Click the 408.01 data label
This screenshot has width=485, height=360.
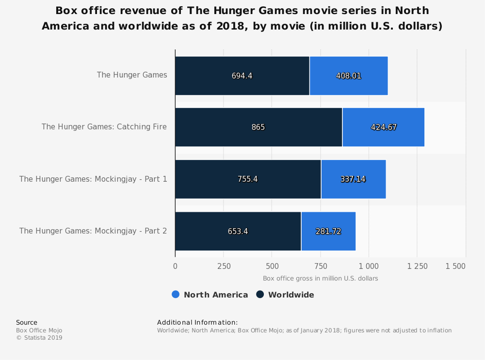[x=349, y=76]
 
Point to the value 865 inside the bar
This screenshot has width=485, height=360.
[x=258, y=127]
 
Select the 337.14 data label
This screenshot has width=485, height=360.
[x=353, y=179]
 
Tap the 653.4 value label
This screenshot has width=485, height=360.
[x=238, y=231]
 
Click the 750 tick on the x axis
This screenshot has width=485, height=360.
[x=320, y=266]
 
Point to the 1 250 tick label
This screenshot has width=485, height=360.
[x=417, y=266]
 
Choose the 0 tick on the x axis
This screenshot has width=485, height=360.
[x=175, y=266]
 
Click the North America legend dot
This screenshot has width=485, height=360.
[x=176, y=295]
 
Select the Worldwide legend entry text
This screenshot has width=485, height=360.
[x=291, y=295]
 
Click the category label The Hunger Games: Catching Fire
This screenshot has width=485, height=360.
[x=104, y=127]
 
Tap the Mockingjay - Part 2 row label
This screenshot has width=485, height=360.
[x=93, y=231]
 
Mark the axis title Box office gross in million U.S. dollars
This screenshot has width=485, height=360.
[x=320, y=279]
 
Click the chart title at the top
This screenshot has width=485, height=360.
[x=242, y=18]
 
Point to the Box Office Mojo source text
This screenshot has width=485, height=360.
[x=39, y=330]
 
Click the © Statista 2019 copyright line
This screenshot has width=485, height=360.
[x=39, y=338]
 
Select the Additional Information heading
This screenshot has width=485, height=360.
[x=197, y=322]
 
